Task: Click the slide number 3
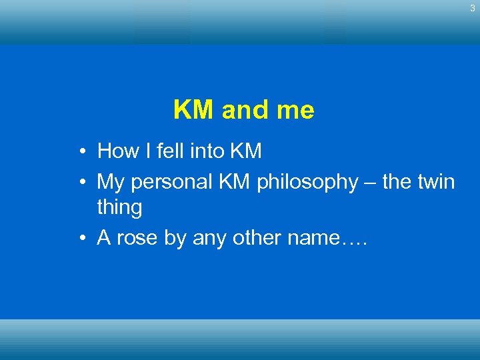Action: pos(472,8)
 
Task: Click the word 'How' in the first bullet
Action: pos(117,151)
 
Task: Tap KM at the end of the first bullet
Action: pos(245,151)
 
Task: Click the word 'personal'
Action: pos(173,181)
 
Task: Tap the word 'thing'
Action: pos(120,208)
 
